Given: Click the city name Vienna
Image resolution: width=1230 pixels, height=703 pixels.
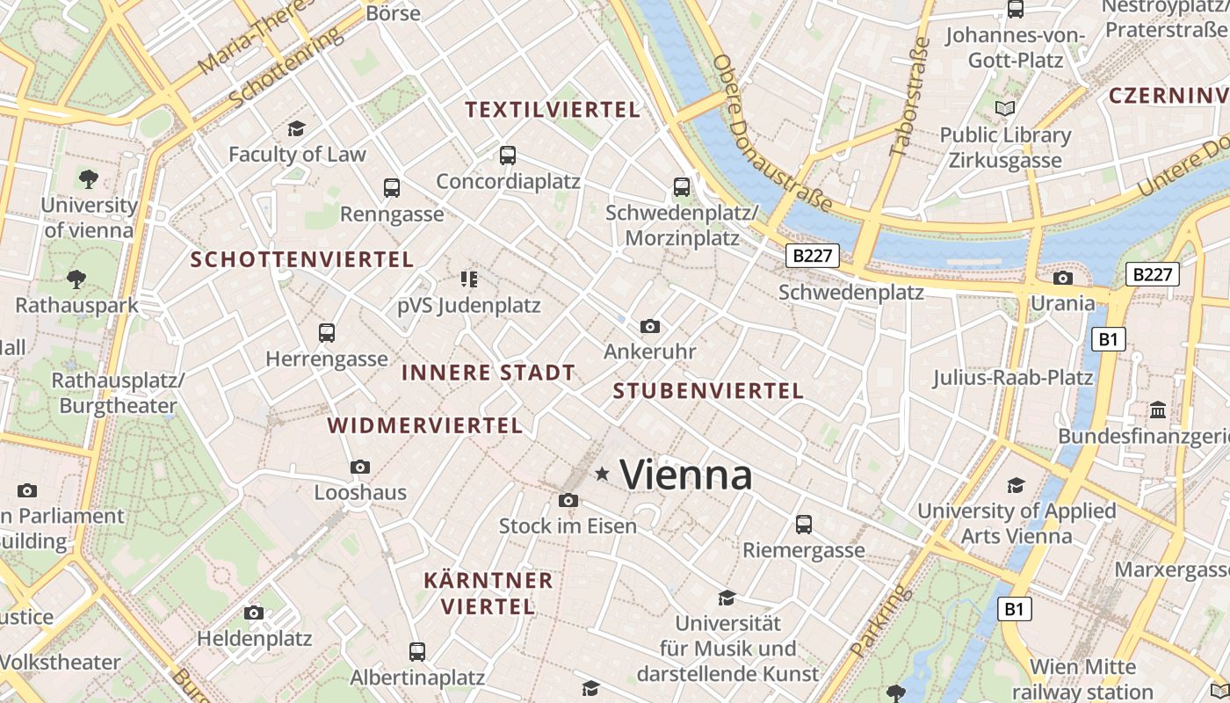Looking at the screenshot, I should click(686, 475).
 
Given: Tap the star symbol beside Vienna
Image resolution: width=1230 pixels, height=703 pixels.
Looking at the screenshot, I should click(602, 474).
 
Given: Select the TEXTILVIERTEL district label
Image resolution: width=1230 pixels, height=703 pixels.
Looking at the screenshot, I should click(553, 110).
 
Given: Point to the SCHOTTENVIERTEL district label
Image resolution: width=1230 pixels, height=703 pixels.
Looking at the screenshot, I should click(302, 260).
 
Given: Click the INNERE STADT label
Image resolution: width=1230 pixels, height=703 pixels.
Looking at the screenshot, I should click(488, 373).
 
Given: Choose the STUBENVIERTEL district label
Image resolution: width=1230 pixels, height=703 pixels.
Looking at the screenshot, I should click(708, 391).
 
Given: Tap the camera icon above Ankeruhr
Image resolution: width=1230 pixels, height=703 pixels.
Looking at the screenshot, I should click(650, 327).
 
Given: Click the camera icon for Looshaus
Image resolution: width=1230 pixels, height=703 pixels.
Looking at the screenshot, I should click(360, 467).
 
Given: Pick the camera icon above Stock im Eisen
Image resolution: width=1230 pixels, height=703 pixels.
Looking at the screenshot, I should click(568, 501).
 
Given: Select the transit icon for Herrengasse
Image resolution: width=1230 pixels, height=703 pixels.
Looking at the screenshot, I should click(327, 333).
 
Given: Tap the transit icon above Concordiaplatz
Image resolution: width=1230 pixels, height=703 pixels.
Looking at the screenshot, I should click(508, 156).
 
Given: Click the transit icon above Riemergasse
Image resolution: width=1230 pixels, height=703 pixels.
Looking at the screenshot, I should click(804, 525).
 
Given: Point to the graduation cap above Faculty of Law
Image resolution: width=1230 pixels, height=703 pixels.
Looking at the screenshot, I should click(296, 128).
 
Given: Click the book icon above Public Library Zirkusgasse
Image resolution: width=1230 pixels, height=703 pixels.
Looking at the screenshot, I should click(1005, 109).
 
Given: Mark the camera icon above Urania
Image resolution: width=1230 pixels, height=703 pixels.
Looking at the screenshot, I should click(1063, 279).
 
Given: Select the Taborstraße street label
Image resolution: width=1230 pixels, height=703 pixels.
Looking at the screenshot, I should click(909, 97).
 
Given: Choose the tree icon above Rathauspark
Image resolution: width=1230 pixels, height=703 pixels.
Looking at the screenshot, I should click(76, 279).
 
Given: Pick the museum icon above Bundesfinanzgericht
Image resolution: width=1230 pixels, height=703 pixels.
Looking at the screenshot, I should click(1158, 410).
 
